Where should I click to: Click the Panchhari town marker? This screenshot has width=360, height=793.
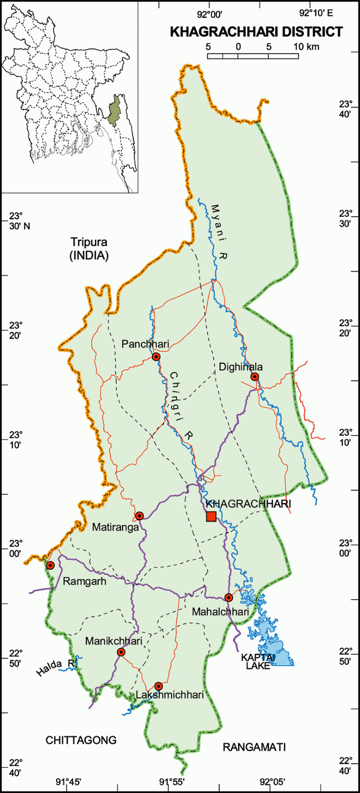pos(156,356)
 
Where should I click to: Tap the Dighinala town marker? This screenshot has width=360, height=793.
pos(254,377)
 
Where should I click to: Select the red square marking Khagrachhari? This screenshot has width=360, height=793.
pos(211,516)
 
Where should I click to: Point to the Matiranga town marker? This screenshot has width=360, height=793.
pos(140,515)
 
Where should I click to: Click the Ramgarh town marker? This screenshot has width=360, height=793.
pos(50,565)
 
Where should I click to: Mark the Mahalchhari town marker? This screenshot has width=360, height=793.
pos(228,597)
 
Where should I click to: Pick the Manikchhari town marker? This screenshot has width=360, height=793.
pos(121,652)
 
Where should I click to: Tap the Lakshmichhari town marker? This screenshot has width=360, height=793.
pos(158,686)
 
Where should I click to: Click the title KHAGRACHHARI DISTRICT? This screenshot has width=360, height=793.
pos(256,32)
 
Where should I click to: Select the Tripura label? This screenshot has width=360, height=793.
pos(89,242)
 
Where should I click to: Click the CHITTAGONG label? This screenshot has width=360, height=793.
pos(81,740)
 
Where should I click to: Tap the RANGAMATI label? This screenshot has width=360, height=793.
pos(254,747)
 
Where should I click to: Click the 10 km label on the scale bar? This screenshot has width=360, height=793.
pos(306,47)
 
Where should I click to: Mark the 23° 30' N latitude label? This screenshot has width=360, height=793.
pos(19,221)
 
